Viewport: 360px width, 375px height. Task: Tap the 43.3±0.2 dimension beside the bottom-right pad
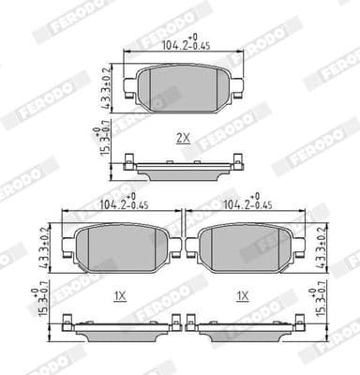(x=322, y=246)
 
